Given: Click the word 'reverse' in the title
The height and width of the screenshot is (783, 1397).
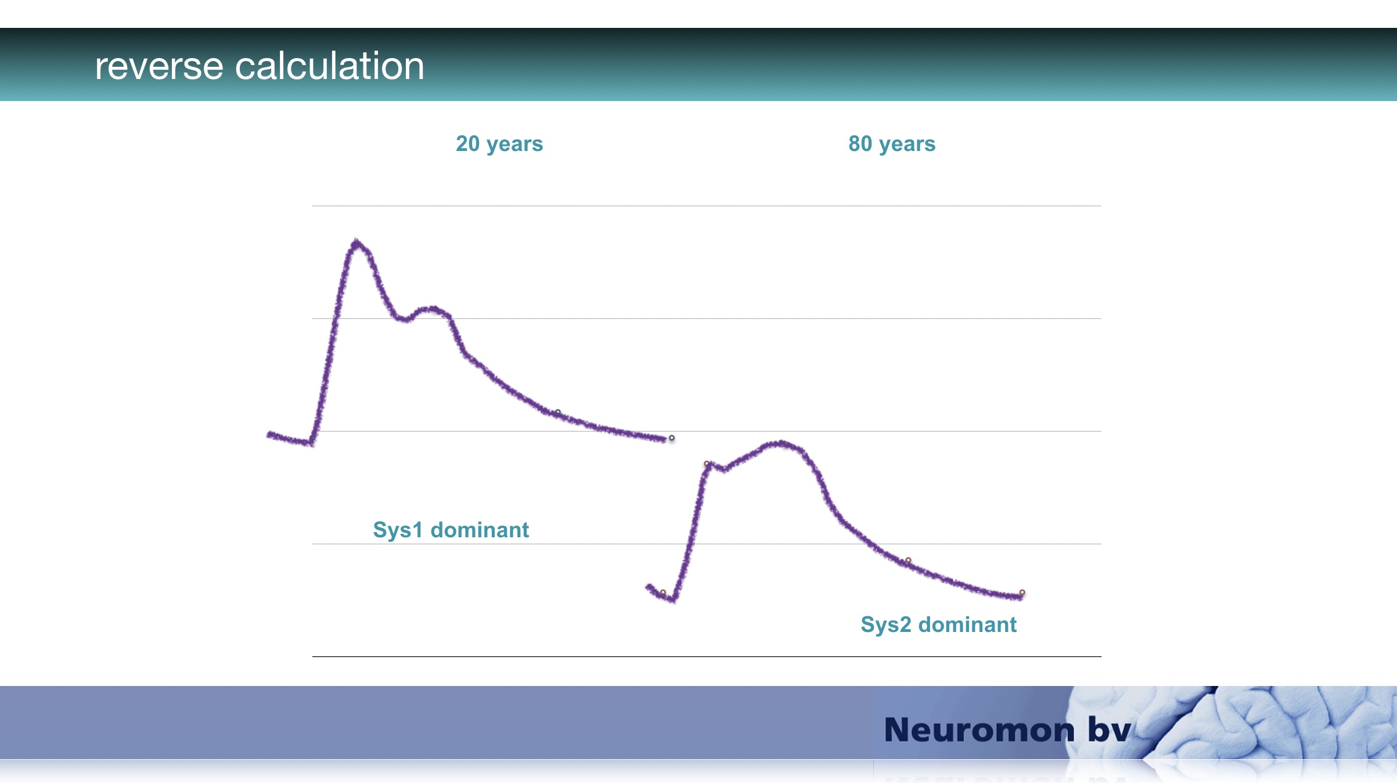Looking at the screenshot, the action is [x=159, y=66].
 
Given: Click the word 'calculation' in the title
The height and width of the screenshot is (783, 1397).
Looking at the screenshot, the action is [x=329, y=65].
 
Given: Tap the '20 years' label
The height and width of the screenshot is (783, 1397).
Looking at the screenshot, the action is [x=499, y=144].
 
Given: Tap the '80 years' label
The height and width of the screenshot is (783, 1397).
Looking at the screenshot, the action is [x=892, y=144].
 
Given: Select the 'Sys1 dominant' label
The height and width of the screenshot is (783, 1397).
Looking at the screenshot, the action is [x=451, y=530].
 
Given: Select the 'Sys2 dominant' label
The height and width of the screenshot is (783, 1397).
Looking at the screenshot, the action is [x=938, y=624].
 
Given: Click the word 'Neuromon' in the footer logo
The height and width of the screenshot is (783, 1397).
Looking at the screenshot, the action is [x=979, y=730].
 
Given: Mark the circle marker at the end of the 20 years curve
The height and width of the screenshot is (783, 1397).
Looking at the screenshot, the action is [x=672, y=438].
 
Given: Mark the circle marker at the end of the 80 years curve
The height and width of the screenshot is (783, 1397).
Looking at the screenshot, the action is [x=1022, y=592].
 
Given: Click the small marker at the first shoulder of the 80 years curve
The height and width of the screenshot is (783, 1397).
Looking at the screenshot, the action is [x=707, y=464].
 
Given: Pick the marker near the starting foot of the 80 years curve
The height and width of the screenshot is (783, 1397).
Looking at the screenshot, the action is [x=663, y=592].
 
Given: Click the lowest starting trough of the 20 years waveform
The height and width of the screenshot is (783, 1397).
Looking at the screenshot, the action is [x=311, y=444].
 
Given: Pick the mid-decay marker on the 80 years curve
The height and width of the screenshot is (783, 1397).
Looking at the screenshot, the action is [x=908, y=561].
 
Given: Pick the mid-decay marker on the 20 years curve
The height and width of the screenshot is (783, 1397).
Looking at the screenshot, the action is [x=557, y=412].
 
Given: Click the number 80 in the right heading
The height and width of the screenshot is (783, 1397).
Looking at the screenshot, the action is [x=860, y=143].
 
